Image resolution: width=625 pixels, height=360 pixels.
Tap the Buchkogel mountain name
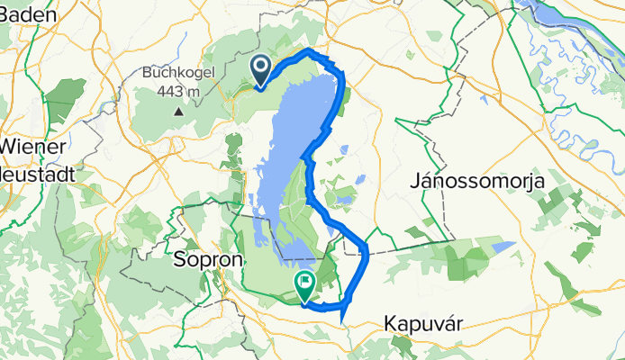178,73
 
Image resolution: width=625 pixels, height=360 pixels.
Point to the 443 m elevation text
178,91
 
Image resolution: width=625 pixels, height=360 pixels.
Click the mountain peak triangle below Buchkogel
178,112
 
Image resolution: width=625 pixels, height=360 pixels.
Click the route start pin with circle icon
260,68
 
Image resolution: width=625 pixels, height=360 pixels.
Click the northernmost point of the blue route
310,50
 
